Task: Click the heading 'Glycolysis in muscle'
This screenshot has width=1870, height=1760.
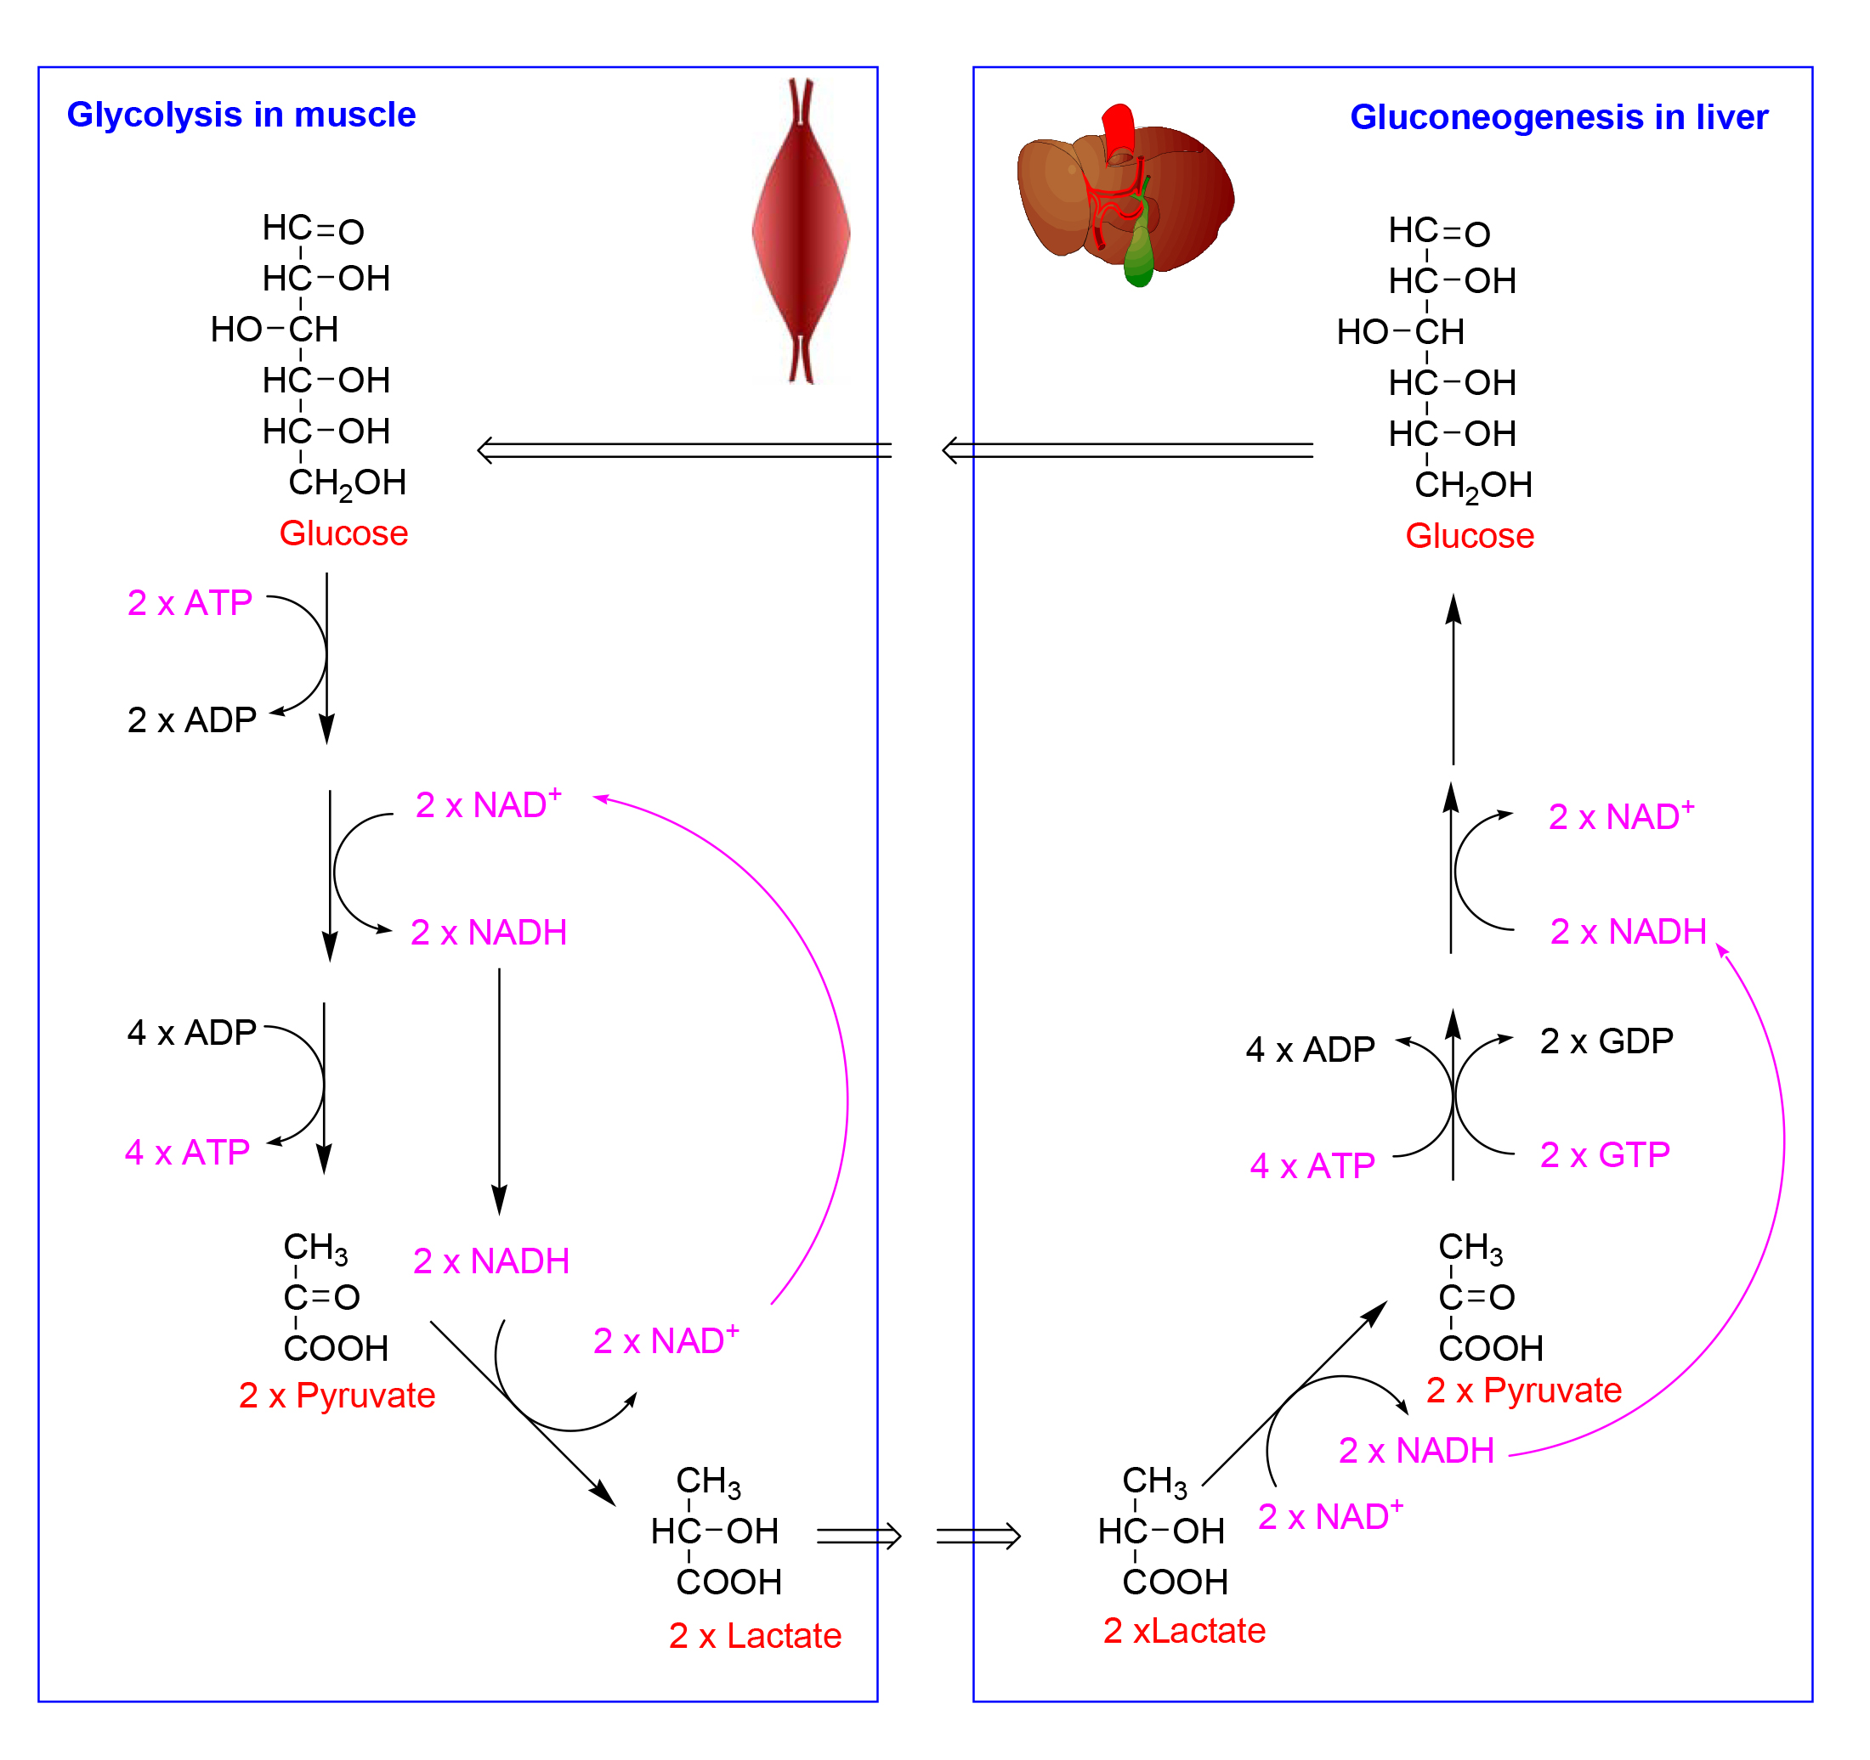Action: coord(241,116)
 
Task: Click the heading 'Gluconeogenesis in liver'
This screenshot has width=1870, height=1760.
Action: coord(1559,117)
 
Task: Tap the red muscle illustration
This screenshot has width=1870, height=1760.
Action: coord(802,231)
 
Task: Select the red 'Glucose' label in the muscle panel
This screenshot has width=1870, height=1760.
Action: coord(343,534)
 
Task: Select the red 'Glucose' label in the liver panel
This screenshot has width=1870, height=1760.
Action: coord(1470,536)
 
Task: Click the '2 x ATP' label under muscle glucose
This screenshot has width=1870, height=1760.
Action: coord(190,602)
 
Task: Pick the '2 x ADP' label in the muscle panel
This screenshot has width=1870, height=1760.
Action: coord(192,720)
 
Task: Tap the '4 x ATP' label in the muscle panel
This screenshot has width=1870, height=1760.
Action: coord(187,1153)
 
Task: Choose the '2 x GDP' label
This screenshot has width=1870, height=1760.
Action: coord(1606,1041)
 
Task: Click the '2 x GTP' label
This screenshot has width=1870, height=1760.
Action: coord(1605,1154)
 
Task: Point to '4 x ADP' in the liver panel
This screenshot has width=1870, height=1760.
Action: coord(1311,1049)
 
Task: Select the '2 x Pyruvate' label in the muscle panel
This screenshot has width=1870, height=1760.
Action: coord(337,1396)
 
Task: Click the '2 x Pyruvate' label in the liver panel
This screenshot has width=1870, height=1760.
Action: coord(1524,1390)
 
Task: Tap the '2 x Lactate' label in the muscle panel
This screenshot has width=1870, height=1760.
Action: coord(756,1636)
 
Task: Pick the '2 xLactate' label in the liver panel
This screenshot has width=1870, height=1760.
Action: coord(1184,1630)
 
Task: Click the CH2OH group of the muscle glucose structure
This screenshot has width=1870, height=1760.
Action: coord(347,484)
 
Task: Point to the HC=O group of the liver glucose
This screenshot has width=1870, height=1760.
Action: coord(1439,231)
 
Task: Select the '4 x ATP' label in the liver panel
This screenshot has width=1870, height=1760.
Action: coord(1312,1165)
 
